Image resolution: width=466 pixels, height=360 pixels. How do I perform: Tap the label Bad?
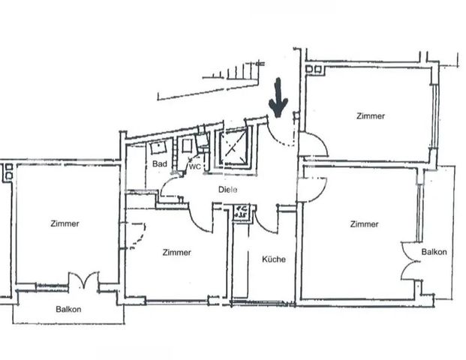pyautogui.click(x=159, y=163)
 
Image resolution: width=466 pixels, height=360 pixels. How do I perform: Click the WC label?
pyautogui.click(x=194, y=166)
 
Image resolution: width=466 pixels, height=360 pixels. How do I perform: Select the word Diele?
pyautogui.click(x=228, y=190)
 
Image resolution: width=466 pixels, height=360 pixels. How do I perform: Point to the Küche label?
pyautogui.click(x=274, y=259)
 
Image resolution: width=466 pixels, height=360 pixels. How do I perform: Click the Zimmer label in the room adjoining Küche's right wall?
pyautogui.click(x=362, y=223)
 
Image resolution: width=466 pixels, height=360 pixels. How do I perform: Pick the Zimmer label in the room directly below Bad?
pyautogui.click(x=176, y=253)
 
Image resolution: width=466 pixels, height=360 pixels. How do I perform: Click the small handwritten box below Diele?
pyautogui.click(x=242, y=211)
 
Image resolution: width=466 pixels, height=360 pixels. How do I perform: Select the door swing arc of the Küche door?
pyautogui.click(x=266, y=218)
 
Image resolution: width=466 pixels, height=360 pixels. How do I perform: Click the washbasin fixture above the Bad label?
pyautogui.click(x=158, y=147)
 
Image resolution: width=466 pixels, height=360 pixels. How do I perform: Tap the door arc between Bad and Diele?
pyautogui.click(x=170, y=187)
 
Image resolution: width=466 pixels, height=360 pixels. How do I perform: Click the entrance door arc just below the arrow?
pyautogui.click(x=281, y=133)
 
